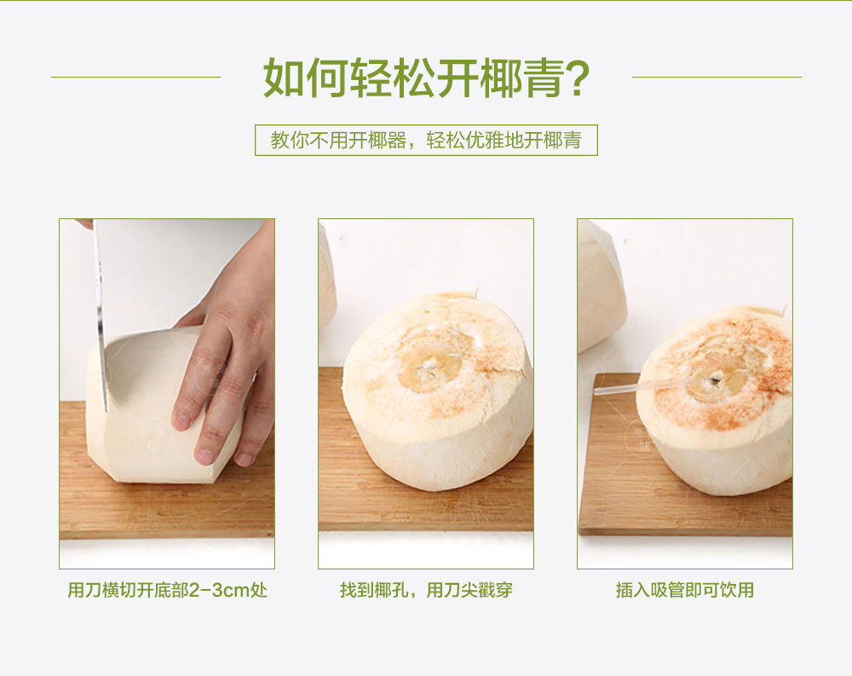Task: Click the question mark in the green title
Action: click(x=575, y=78)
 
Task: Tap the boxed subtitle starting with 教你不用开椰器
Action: click(x=426, y=141)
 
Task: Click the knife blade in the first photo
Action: click(x=100, y=315)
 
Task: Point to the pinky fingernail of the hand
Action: click(x=245, y=459)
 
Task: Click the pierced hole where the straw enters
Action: click(x=717, y=378)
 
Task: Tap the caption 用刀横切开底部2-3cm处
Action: click(x=167, y=590)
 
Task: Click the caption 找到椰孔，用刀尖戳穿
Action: click(x=426, y=590)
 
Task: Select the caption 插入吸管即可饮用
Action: click(x=685, y=590)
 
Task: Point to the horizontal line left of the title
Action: click(x=135, y=78)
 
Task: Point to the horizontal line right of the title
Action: click(x=717, y=78)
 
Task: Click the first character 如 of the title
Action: click(x=284, y=78)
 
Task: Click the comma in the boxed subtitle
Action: click(x=415, y=146)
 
